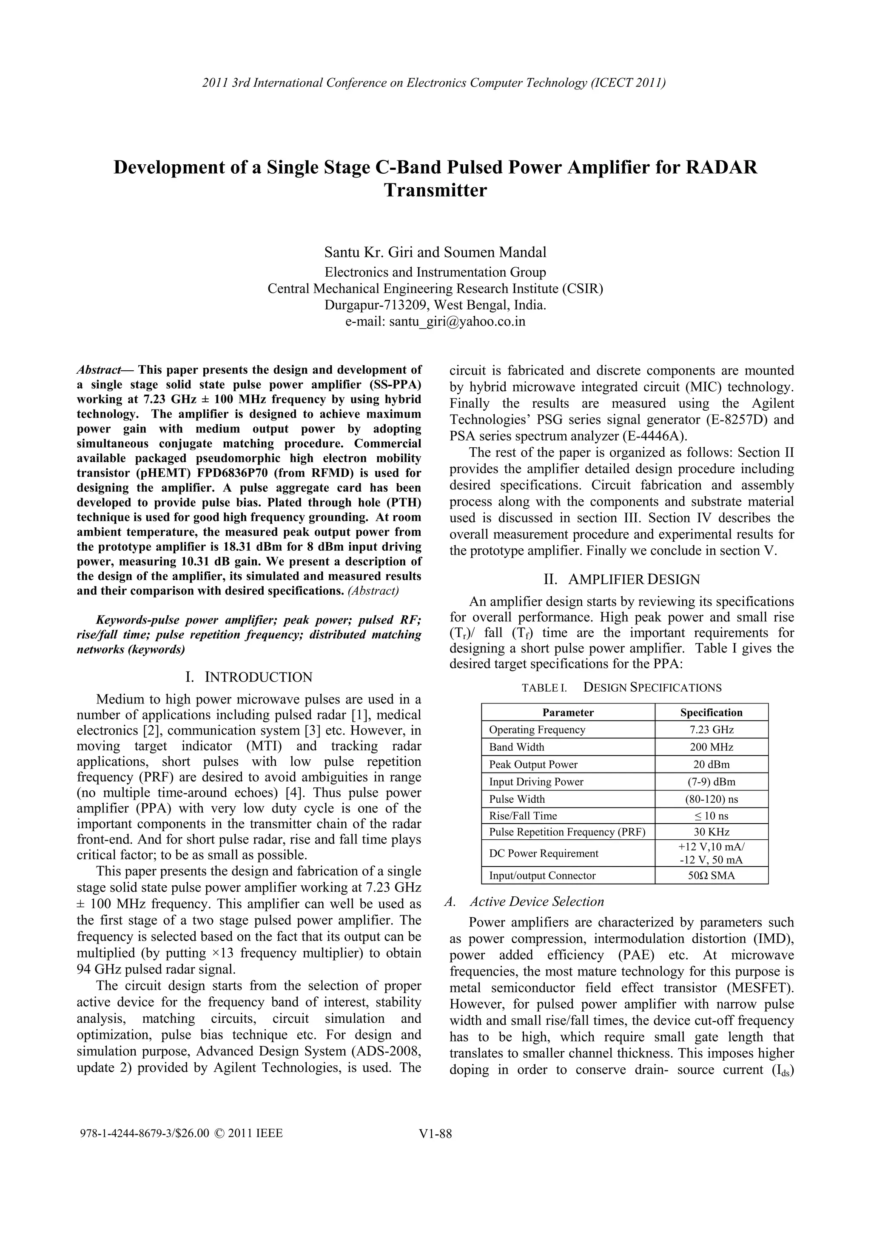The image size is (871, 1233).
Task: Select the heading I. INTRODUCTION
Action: point(249,677)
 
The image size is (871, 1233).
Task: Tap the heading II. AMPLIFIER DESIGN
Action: point(621,579)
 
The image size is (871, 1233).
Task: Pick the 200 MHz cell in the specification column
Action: point(711,747)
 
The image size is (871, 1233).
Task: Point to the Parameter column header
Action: point(568,712)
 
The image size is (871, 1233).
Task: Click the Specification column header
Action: point(711,712)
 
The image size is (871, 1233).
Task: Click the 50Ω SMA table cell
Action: point(711,876)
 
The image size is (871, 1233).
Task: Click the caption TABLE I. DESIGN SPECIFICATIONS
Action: point(621,688)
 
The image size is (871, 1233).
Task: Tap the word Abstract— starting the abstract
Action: point(105,370)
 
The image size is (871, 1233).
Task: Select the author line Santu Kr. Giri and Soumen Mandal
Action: point(435,252)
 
